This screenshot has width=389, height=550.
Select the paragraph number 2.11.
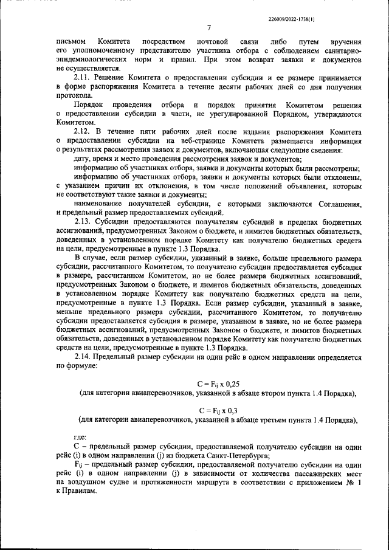coord(83,78)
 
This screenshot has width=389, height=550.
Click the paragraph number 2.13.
coord(83,222)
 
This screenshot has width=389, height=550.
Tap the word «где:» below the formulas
coord(80,437)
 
